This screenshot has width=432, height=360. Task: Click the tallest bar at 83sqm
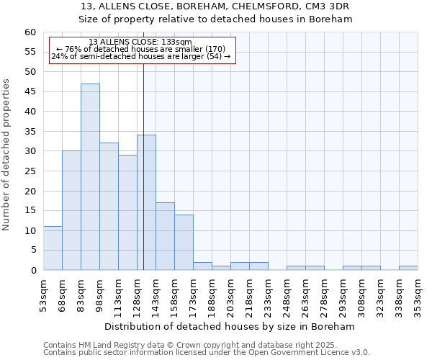tap(90, 176)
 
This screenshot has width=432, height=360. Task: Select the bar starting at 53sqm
tap(53, 248)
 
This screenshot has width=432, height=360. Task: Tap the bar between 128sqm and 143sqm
tap(146, 202)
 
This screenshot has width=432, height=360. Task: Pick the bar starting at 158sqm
tap(184, 242)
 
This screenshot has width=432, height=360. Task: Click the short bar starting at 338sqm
tap(408, 268)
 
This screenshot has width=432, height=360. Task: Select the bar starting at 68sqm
tap(71, 210)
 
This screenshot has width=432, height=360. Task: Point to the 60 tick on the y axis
tap(30, 32)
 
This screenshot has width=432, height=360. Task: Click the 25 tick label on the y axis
tap(30, 171)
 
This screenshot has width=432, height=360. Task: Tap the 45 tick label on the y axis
tap(30, 92)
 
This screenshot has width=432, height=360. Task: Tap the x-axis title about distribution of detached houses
tap(235, 326)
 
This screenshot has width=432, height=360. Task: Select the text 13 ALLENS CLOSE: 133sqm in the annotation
tap(140, 42)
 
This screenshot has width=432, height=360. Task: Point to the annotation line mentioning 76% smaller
tap(141, 49)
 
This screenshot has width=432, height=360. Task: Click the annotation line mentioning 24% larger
tap(141, 56)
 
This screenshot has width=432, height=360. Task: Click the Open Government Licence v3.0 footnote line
tap(207, 352)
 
